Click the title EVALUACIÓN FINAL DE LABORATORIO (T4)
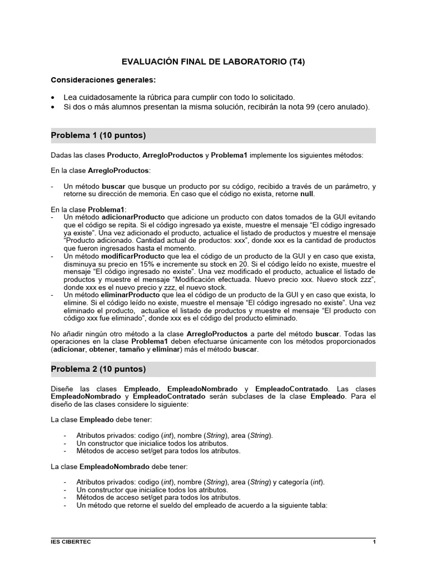[213, 62]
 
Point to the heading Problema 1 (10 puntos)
[98, 136]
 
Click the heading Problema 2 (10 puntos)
[98, 369]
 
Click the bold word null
[306, 194]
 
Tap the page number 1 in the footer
[374, 541]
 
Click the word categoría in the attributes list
[293, 482]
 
